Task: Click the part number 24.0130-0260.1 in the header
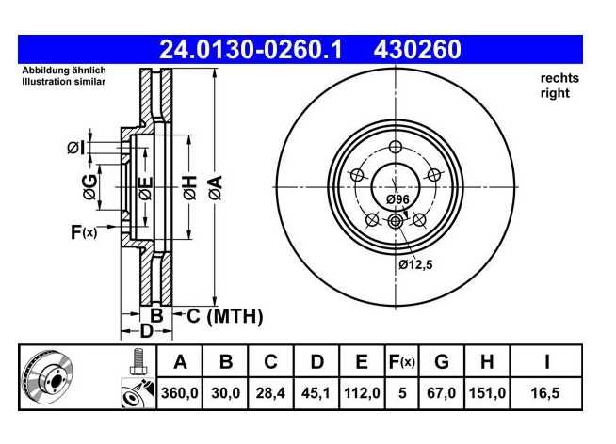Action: click(251, 50)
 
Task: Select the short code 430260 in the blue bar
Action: click(417, 50)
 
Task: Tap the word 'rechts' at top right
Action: click(559, 78)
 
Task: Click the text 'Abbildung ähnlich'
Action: click(64, 71)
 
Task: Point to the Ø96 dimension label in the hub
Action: click(397, 199)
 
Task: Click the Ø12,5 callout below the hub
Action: click(415, 264)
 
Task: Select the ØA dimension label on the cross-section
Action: click(216, 188)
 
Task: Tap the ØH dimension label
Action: click(189, 188)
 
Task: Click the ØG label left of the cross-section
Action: click(90, 186)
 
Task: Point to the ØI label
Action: click(75, 149)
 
